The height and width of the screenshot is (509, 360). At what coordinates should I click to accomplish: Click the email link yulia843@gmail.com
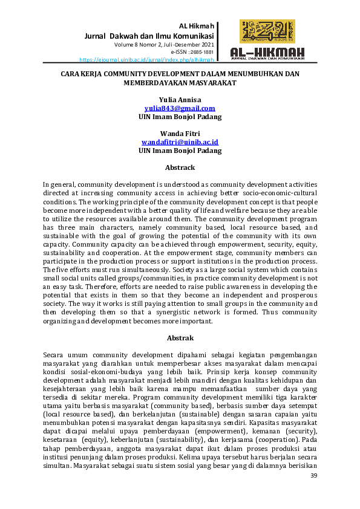pos(180,108)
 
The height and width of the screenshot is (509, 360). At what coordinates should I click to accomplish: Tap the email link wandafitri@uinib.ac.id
pos(180,141)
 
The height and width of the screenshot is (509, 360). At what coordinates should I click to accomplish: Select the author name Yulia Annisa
pos(180,99)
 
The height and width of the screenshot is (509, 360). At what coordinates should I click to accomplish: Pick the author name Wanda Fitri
pos(180,133)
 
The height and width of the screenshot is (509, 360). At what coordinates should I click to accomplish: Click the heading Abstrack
pos(180,167)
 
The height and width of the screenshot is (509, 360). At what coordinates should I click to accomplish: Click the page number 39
pos(313,476)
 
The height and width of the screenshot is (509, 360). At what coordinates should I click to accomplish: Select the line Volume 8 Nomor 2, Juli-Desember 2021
pos(163,45)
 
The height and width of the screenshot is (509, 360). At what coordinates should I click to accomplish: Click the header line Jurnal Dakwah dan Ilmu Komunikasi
pos(149,35)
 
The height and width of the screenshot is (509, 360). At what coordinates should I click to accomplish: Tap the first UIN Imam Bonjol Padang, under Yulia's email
pos(180,116)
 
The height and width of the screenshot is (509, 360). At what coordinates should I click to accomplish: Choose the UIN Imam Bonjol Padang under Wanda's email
pos(180,150)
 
